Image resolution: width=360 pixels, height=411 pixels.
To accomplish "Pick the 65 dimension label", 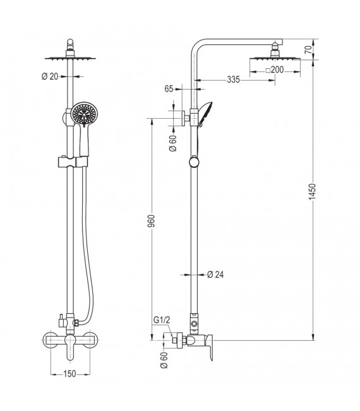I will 169,90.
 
